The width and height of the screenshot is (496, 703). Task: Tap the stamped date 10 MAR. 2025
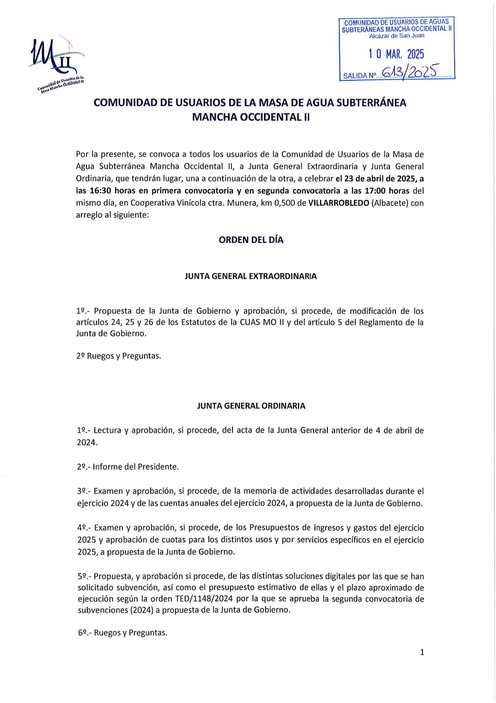396,55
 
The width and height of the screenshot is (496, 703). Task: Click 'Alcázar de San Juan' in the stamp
397,36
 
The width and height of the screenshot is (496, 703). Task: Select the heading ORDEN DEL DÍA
251,240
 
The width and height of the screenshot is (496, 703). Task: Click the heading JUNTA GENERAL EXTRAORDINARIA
251,276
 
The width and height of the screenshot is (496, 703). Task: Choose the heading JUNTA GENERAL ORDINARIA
251,406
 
